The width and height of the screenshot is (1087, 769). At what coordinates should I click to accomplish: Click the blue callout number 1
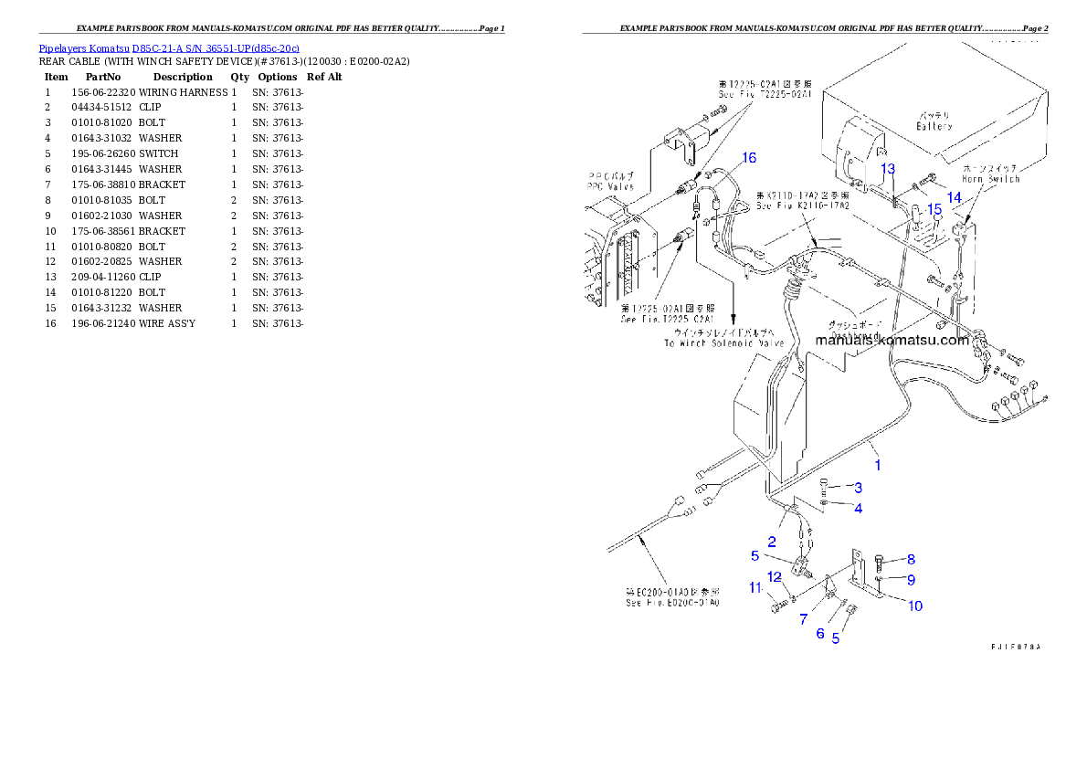tap(878, 464)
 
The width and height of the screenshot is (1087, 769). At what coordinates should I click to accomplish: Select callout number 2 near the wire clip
tap(772, 542)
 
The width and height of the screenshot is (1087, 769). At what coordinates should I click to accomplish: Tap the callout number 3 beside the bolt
tap(858, 488)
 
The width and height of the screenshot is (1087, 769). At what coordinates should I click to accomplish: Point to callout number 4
tap(858, 508)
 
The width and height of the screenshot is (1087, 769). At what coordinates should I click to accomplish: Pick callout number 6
tap(820, 633)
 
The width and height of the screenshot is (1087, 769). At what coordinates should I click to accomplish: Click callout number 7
tap(803, 619)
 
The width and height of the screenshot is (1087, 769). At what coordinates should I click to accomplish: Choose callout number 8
tap(911, 559)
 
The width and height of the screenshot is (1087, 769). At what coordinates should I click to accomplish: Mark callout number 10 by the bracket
tap(914, 606)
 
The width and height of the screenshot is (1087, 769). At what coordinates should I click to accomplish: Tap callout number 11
tap(755, 588)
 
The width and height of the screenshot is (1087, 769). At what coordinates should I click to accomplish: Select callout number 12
tap(774, 576)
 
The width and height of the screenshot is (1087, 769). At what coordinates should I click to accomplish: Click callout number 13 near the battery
tap(888, 169)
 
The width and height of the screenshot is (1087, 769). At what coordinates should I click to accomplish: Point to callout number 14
tap(954, 197)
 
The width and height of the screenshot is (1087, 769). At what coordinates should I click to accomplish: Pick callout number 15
tap(933, 209)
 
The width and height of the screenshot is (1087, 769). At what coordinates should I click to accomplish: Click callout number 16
tap(749, 158)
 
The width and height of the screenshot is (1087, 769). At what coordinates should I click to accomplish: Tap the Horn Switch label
tap(991, 179)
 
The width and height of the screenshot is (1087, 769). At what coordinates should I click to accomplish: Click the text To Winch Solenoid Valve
tap(724, 343)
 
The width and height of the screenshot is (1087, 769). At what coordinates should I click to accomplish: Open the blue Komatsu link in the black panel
tap(169, 48)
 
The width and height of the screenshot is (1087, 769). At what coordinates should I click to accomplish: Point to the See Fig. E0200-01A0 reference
tap(671, 603)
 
